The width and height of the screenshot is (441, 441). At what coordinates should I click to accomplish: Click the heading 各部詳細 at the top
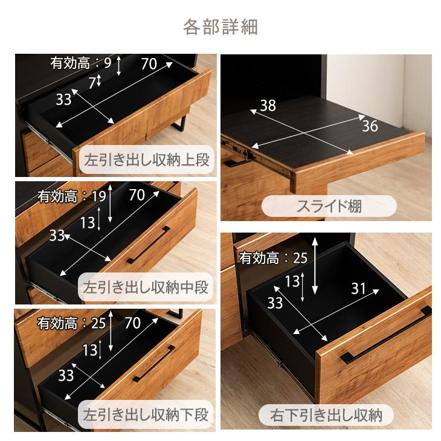[x=220, y=27]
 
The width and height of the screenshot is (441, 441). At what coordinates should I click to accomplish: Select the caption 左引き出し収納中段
[x=147, y=287]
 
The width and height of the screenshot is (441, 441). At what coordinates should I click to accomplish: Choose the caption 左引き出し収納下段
[x=147, y=416]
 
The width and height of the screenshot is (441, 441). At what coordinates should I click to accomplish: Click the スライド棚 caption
[x=329, y=206]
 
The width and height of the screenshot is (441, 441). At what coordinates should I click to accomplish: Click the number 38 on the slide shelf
[x=268, y=106]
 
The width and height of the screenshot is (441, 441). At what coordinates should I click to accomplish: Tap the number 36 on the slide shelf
[x=370, y=126]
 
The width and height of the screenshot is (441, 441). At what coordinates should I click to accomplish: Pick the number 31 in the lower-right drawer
[x=359, y=288]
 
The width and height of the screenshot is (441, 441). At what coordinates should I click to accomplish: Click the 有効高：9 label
[x=81, y=62]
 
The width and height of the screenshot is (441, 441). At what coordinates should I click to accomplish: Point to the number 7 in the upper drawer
[x=92, y=83]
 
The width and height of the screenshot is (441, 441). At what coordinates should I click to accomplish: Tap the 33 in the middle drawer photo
[x=57, y=235]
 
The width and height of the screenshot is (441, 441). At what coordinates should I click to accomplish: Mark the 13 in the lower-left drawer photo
[x=90, y=349]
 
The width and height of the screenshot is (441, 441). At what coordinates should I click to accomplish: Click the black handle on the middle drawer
[x=148, y=245]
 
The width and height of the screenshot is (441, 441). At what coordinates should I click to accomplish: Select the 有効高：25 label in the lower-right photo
[x=273, y=259]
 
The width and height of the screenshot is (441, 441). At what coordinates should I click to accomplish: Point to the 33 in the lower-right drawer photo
[x=275, y=303]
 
